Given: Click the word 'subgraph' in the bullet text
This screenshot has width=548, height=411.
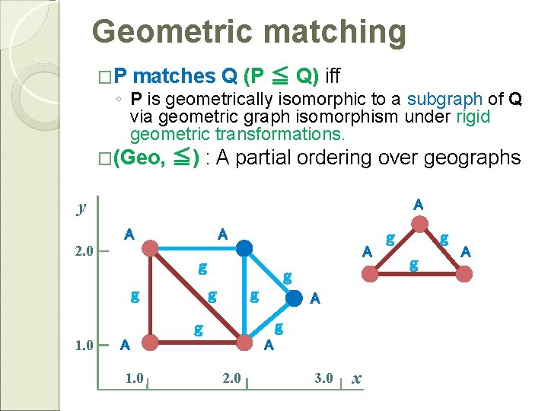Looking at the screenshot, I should (444, 99).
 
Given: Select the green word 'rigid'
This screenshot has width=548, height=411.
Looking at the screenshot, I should (473, 117).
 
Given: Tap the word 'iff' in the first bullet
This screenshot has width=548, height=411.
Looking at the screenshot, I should (333, 75).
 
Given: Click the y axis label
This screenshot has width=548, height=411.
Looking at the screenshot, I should (81, 208).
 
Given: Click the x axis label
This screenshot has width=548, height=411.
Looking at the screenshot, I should (358, 378).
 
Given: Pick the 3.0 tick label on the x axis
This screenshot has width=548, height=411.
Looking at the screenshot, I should (323, 378).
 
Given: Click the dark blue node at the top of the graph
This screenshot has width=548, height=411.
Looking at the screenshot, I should (244, 248).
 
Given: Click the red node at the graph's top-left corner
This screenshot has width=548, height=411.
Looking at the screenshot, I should (151, 248).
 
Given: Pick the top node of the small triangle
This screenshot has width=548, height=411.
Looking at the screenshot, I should (419, 223).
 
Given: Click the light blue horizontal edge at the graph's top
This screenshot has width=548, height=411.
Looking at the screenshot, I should (196, 248).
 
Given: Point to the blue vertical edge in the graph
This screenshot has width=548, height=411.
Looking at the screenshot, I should (244, 297).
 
